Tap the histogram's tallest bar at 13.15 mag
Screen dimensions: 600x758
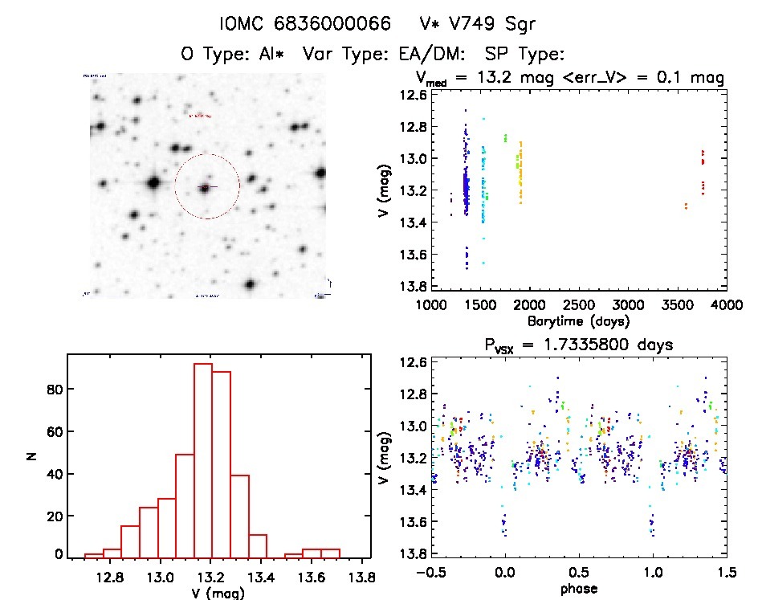203,459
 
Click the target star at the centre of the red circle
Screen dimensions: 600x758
206,187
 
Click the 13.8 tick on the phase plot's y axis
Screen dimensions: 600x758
412,553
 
